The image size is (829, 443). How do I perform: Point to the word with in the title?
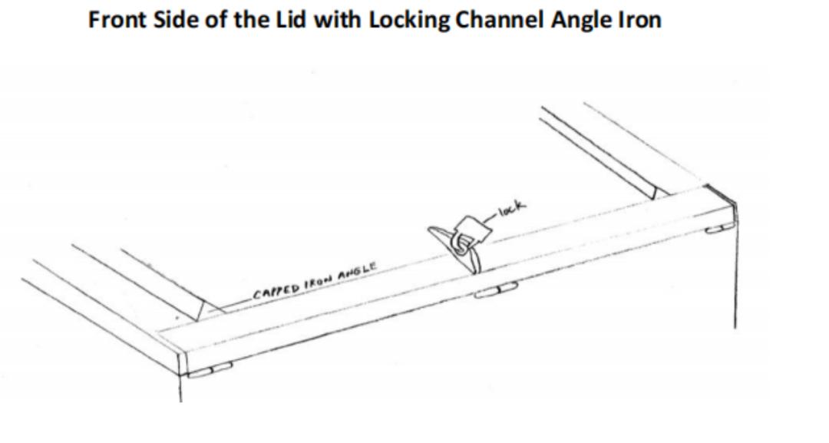click(x=329, y=20)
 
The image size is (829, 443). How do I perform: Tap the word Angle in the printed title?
click(x=578, y=21)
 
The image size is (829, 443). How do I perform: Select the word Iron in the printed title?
click(x=639, y=20)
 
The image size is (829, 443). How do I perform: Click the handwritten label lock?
click(x=512, y=206)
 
